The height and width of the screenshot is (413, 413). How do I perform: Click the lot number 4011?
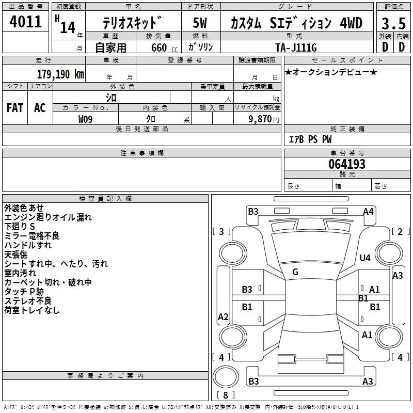click(x=25, y=22)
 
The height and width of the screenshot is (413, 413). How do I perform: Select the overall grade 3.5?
click(x=393, y=23)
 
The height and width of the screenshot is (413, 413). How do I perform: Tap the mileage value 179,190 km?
click(x=60, y=74)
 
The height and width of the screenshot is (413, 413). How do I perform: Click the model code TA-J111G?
click(x=296, y=47)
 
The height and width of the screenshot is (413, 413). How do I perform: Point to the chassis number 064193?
click(x=347, y=164)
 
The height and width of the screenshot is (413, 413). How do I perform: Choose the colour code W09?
click(x=85, y=119)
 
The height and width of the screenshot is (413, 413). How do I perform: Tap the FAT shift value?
click(x=15, y=108)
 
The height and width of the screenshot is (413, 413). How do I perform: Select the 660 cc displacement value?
click(x=164, y=47)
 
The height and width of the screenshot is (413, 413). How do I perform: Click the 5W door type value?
click(x=200, y=23)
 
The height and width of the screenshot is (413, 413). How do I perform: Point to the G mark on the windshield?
click(x=295, y=272)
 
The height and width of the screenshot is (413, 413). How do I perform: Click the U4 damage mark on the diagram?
click(x=365, y=258)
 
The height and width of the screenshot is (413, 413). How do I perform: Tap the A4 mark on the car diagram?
click(x=368, y=212)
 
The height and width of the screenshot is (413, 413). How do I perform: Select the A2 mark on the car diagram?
click(x=223, y=316)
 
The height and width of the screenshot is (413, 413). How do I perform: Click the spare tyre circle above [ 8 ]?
click(x=226, y=376)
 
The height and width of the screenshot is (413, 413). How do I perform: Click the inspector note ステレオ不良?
click(x=28, y=300)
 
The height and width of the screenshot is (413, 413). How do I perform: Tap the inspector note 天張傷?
click(x=16, y=255)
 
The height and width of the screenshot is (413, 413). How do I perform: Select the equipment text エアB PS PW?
click(x=310, y=139)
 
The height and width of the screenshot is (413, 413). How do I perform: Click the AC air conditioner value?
click(x=40, y=108)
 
